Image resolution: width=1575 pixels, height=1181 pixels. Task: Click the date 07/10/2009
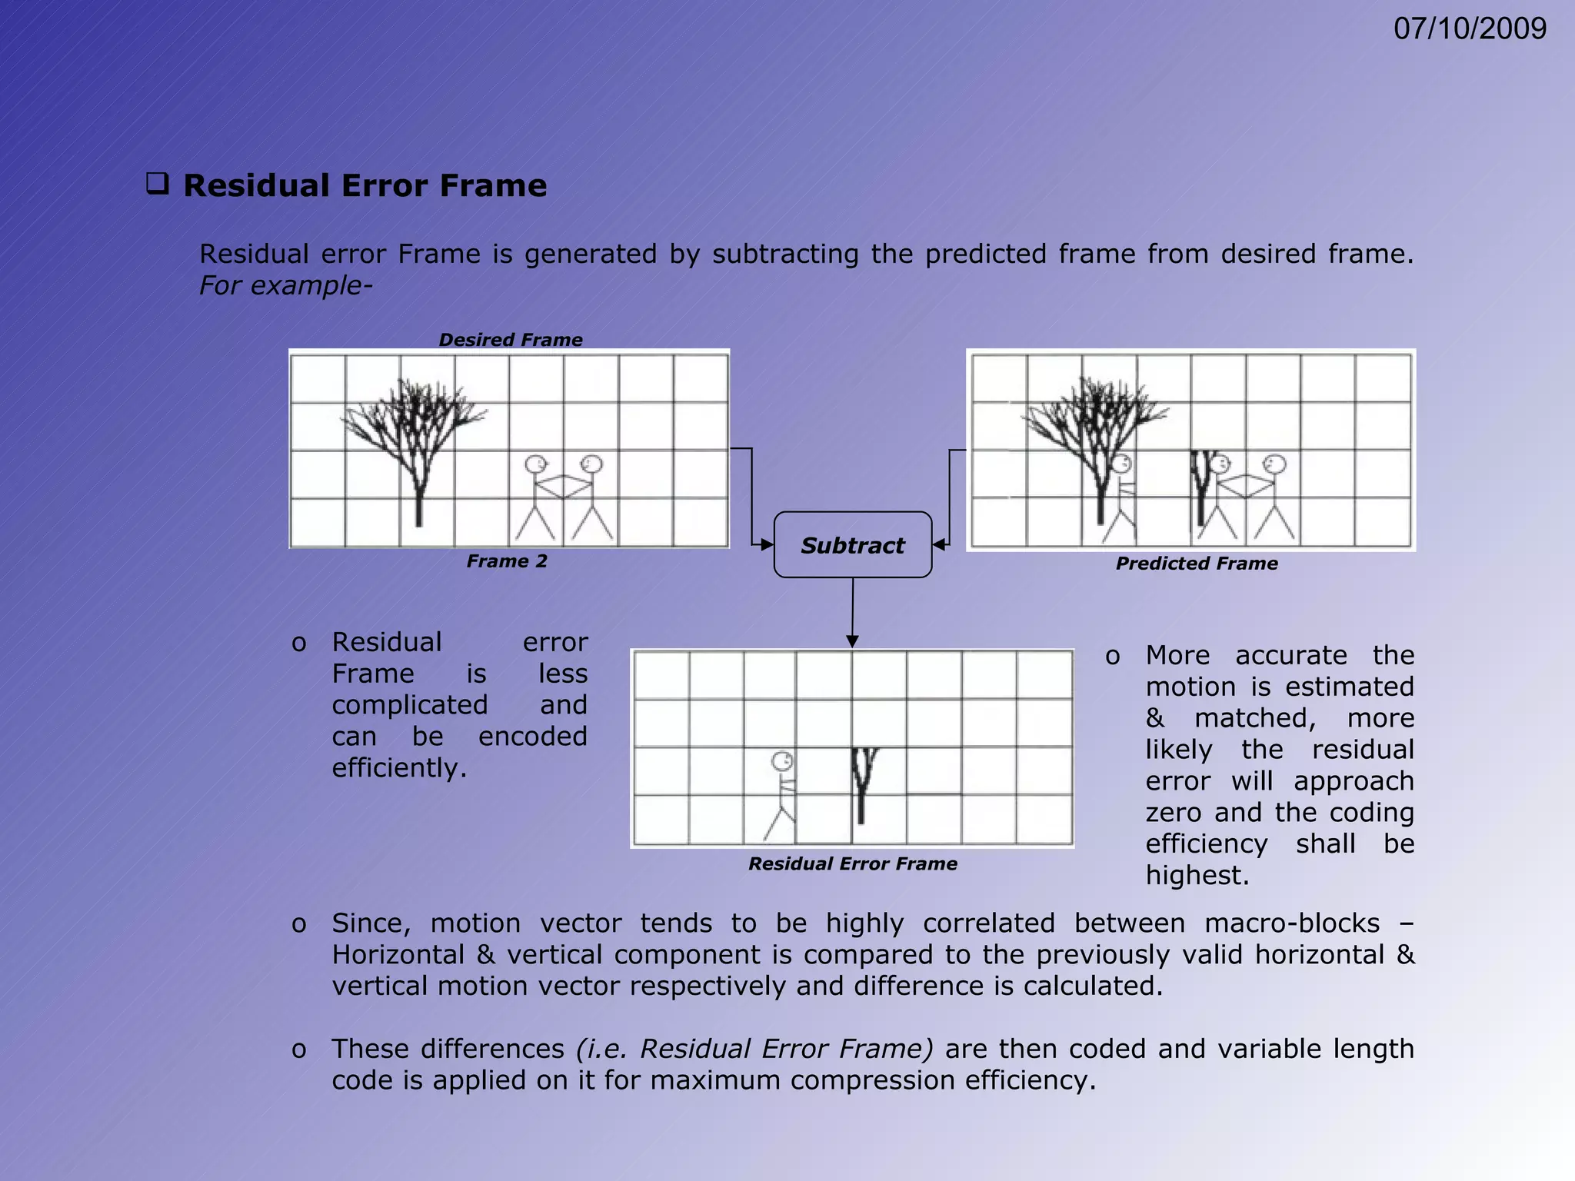click(x=1469, y=29)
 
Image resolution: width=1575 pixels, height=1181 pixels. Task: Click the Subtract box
click(x=852, y=545)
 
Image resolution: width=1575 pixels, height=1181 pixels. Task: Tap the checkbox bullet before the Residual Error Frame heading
click(x=158, y=185)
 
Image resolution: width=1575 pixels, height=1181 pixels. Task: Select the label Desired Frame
click(x=510, y=340)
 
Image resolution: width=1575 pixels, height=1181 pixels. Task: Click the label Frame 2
click(x=507, y=561)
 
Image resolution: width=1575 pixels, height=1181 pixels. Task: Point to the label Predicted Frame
click(x=1197, y=564)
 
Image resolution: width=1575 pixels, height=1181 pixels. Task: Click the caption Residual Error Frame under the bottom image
click(x=852, y=863)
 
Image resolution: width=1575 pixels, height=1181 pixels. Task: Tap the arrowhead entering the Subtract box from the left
click(x=767, y=544)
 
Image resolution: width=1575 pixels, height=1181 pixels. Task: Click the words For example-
click(x=285, y=285)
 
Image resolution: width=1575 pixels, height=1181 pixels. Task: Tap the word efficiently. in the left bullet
click(x=399, y=768)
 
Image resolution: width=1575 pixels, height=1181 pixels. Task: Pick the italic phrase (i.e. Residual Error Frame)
click(x=754, y=1049)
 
